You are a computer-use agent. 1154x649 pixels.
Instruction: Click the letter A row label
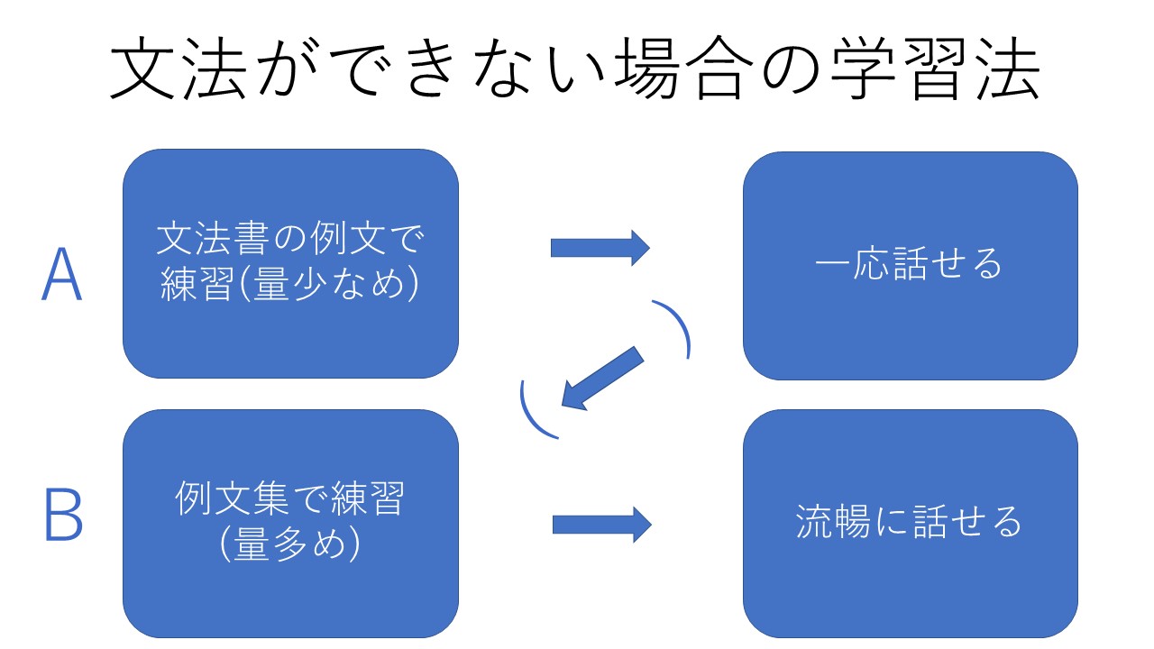(x=62, y=273)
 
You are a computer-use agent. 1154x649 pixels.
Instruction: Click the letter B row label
(x=64, y=514)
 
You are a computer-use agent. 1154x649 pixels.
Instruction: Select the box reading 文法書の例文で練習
(x=290, y=264)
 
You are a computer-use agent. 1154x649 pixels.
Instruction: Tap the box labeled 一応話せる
(x=911, y=266)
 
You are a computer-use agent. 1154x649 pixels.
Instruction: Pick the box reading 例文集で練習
(x=290, y=524)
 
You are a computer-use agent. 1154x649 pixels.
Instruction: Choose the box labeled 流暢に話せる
(x=911, y=524)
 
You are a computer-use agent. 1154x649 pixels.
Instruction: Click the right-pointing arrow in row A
(x=600, y=248)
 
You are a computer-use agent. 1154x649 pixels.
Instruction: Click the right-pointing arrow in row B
(x=601, y=525)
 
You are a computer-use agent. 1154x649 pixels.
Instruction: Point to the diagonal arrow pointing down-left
(x=602, y=379)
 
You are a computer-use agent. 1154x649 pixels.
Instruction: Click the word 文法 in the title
(x=179, y=68)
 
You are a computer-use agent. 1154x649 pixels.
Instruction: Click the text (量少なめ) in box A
(x=330, y=284)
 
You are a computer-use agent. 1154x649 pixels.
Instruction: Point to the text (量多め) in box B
(x=290, y=544)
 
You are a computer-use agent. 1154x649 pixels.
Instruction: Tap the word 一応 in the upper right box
(x=853, y=263)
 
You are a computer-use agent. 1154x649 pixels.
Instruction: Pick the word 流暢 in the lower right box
(x=833, y=521)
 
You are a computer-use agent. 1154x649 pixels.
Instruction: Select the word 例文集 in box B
(x=233, y=498)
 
